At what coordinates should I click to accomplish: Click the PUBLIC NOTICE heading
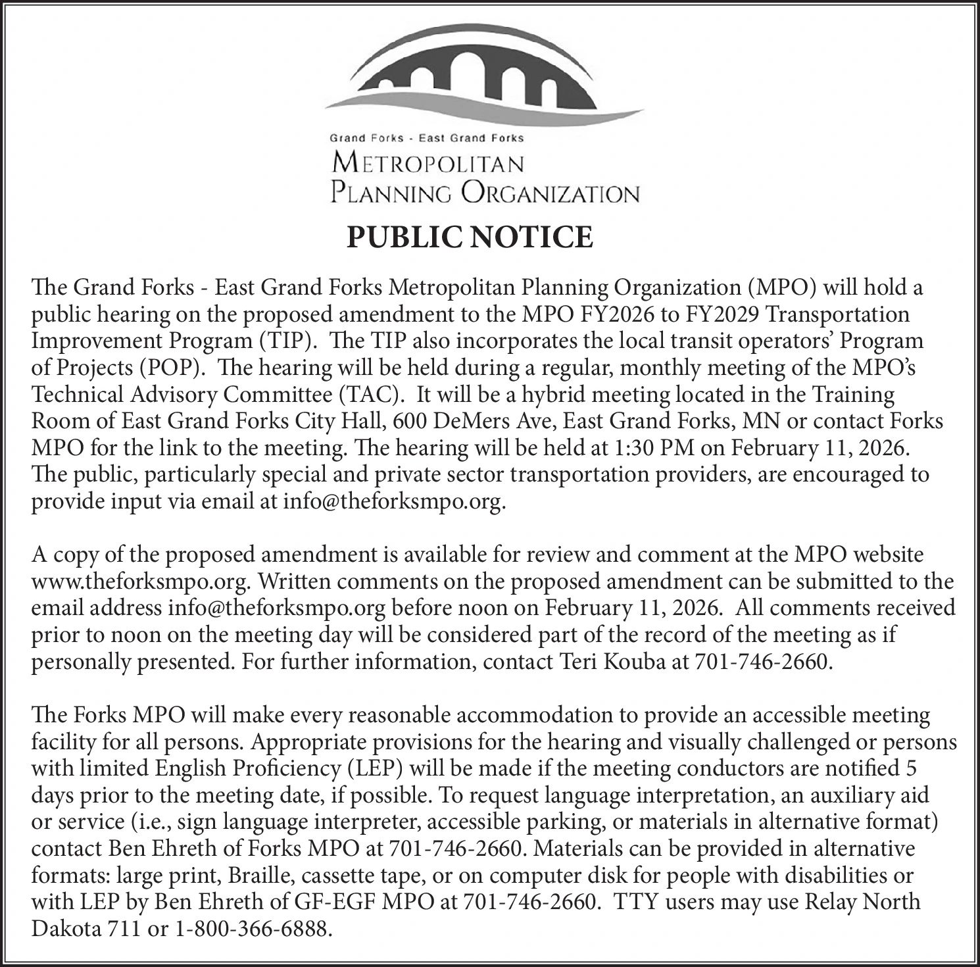(x=470, y=237)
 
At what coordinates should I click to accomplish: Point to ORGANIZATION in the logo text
(x=550, y=193)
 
